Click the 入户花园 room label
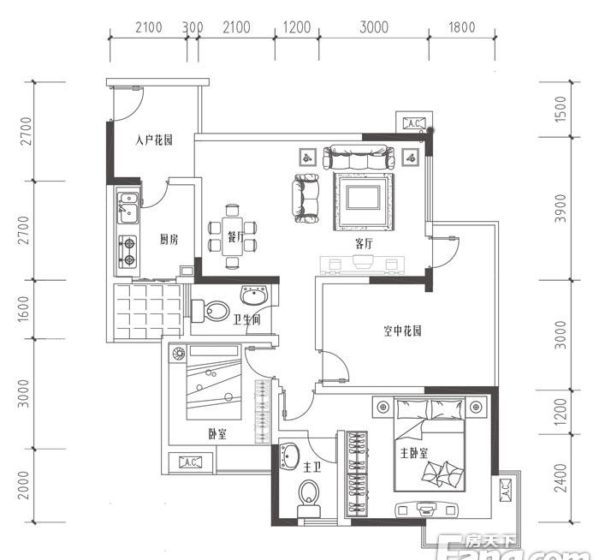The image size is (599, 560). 154,140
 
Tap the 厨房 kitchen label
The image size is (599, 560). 169,240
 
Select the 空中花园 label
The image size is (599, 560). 402,331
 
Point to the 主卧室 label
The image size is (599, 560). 413,453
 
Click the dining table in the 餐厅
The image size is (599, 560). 232,236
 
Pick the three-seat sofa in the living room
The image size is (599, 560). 359,157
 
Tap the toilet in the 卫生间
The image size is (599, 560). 211,311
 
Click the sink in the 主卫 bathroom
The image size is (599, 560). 289,456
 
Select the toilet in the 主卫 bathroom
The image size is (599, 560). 308,498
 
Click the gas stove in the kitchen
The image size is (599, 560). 128,251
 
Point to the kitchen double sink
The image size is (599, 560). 128,207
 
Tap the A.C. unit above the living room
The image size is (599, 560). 414,123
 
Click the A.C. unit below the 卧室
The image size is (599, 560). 190,462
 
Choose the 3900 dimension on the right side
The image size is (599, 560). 560,208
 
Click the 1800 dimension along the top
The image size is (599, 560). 462,27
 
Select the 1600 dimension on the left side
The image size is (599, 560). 23,308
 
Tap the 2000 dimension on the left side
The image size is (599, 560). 23,486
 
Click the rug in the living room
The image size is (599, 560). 363,201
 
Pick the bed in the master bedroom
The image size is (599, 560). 430,444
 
